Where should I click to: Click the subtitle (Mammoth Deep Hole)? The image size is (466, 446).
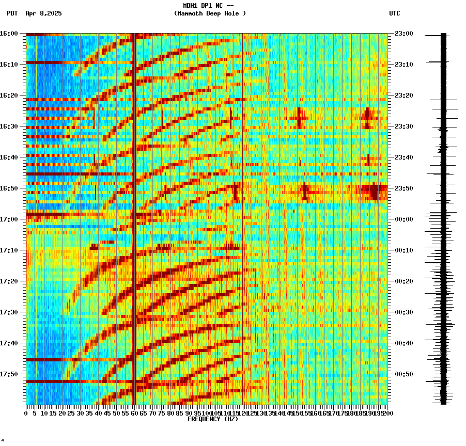(210, 13)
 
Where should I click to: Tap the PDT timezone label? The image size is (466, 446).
(12, 13)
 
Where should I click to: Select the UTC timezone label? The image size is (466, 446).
(394, 13)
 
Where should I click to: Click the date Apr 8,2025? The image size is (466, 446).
(43, 13)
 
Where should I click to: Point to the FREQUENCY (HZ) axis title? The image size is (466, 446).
(212, 419)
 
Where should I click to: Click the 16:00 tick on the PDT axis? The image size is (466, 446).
(9, 34)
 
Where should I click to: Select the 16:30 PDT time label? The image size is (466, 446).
(9, 126)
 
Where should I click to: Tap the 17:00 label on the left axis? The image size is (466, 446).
(9, 219)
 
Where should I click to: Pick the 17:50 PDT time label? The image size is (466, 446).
(9, 374)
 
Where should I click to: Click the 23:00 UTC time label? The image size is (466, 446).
(403, 34)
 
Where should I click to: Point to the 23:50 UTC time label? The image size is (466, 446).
(403, 188)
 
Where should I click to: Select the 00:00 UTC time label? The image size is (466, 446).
(403, 219)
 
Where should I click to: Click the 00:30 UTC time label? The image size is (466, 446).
(403, 312)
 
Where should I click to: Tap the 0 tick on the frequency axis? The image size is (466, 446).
(26, 413)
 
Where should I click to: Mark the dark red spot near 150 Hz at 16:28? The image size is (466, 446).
(299, 118)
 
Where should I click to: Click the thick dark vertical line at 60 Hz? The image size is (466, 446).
(134, 217)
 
